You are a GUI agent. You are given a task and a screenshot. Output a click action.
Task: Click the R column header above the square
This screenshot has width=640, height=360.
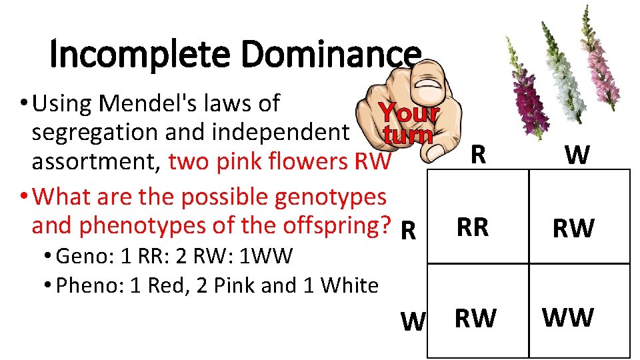point(477,155)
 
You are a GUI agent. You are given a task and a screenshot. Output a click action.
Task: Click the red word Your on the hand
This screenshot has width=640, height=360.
point(408,113)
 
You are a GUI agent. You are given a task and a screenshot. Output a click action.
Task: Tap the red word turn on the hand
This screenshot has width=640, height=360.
point(408,135)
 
